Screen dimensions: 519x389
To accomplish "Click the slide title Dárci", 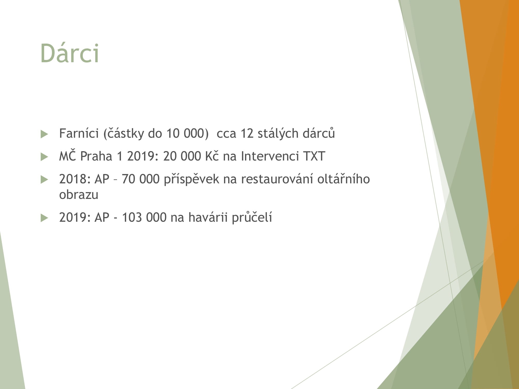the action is pos(70,53).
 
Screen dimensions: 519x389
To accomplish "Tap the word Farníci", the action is pos(79,134).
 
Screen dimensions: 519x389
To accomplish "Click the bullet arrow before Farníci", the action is pos(45,134).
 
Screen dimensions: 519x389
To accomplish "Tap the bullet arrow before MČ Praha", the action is pos(45,157).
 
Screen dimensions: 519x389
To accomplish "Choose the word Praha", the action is pos(96,156).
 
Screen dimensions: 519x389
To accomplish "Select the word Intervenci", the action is pos(270,156).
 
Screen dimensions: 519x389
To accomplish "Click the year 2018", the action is pos(73,179).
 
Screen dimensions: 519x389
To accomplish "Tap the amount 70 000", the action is pos(140,179).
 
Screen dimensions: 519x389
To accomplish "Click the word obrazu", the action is pos(79,195).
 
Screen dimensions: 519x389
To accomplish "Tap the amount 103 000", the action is pos(144,217).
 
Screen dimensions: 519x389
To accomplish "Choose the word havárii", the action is pos(208,217).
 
